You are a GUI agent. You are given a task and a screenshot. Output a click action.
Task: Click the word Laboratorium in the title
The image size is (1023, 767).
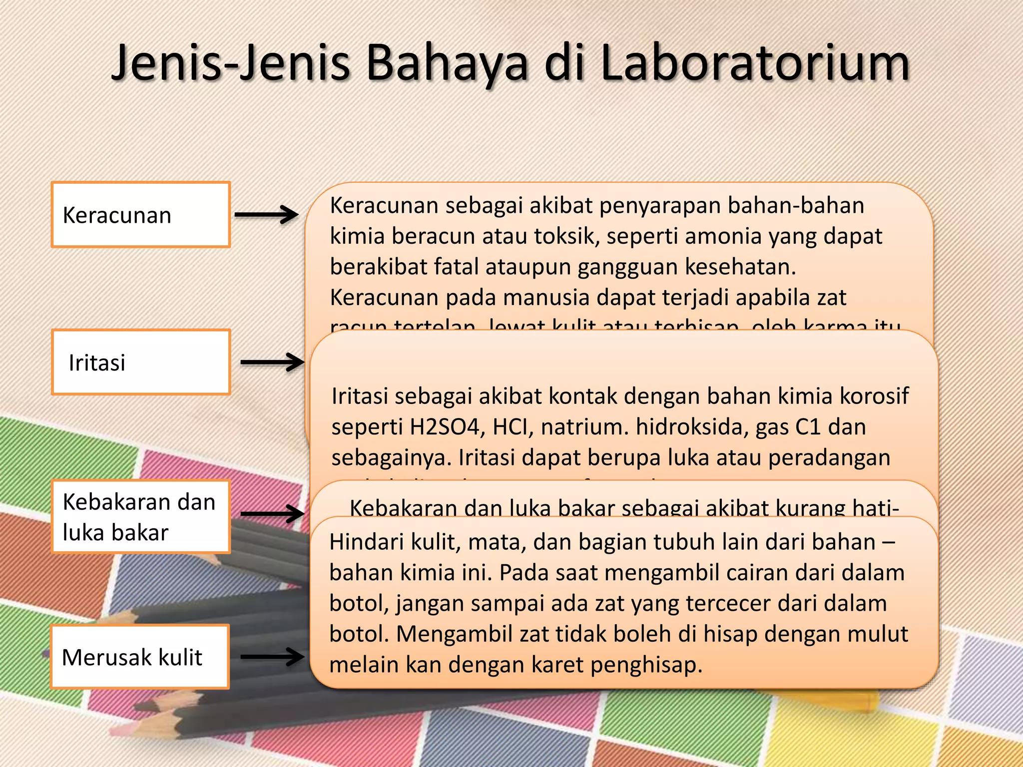tap(755, 63)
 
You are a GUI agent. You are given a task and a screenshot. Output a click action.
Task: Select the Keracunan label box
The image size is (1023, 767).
tap(140, 215)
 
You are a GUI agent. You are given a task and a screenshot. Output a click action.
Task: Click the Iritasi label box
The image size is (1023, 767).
tap(140, 362)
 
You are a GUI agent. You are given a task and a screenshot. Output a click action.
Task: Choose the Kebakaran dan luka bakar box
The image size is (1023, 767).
tap(140, 516)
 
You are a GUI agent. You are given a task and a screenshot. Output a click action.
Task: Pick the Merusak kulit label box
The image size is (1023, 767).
tap(139, 657)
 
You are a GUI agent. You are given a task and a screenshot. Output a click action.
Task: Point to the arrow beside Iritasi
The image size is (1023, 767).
tap(272, 362)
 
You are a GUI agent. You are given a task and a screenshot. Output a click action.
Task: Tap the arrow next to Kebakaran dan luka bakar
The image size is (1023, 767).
tap(272, 513)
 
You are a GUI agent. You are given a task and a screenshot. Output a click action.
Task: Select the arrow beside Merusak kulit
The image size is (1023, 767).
tap(272, 657)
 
